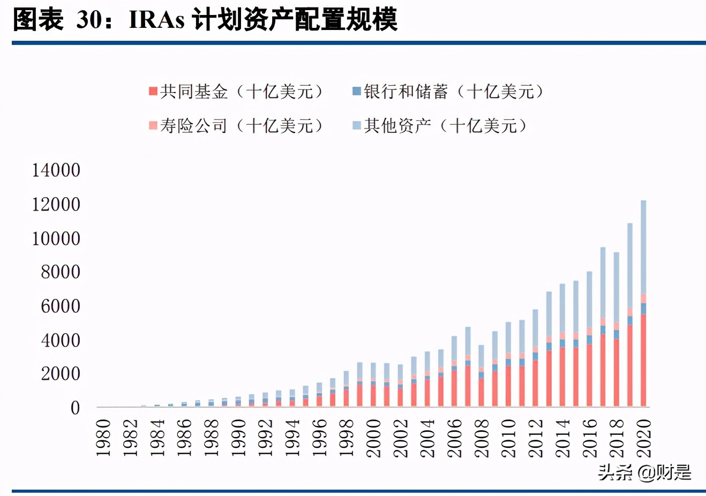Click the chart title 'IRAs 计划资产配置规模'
(x=262, y=20)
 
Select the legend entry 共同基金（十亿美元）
(x=236, y=92)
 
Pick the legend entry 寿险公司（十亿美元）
(x=236, y=126)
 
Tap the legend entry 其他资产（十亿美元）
(x=440, y=126)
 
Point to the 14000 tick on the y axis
(x=56, y=170)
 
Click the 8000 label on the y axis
(x=61, y=272)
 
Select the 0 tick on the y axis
(x=75, y=408)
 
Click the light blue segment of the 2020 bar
(x=643, y=246)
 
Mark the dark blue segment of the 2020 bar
(x=643, y=309)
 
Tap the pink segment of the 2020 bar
(x=643, y=298)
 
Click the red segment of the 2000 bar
(x=373, y=396)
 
